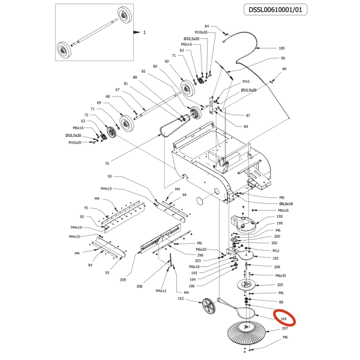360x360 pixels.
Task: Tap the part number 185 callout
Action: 282,48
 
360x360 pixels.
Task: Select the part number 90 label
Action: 283,58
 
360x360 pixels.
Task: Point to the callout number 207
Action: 285,329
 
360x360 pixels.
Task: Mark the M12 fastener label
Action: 276,251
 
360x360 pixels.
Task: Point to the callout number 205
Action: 280,285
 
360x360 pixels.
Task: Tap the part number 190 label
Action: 279,217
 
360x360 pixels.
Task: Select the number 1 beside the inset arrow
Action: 145,31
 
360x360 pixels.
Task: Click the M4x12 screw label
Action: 161,291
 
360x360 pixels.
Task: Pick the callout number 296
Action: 200,255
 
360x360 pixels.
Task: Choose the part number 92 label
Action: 82,217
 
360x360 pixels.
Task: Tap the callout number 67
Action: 118,90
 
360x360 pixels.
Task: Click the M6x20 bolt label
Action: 201,249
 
